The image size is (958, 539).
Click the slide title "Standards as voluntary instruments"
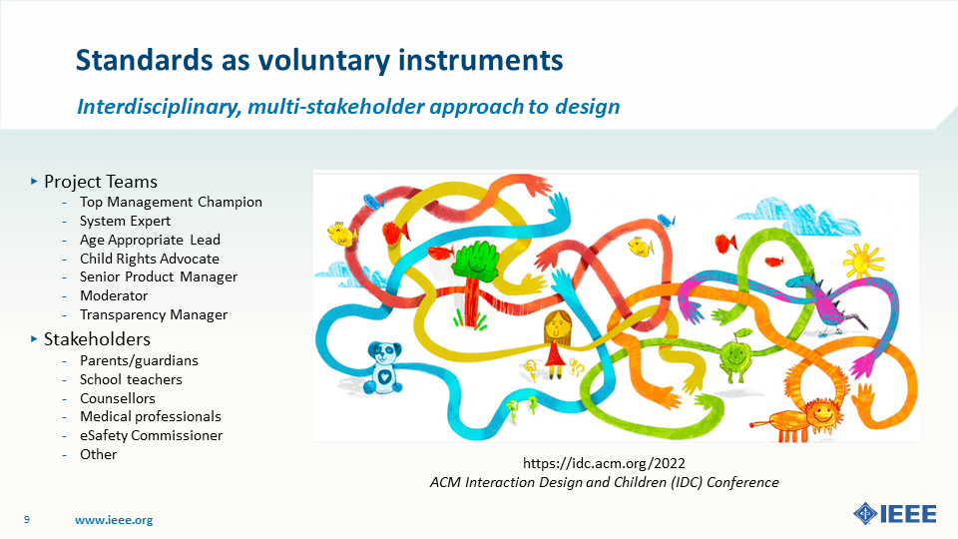[x=319, y=61]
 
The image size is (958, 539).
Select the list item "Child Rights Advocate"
[x=149, y=259]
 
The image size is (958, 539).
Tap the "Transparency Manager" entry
[x=154, y=314]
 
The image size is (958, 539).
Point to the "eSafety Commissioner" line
[x=151, y=435]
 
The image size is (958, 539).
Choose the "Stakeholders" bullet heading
[x=97, y=339]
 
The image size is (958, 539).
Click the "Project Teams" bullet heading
[x=100, y=182]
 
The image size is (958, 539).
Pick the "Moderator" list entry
[x=114, y=295]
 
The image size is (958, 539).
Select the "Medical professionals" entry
[x=151, y=416]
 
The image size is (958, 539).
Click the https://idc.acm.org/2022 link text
[x=604, y=464]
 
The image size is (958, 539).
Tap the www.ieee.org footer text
[x=114, y=520]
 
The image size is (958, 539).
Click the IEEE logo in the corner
[x=894, y=514]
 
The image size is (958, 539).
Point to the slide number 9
[x=26, y=519]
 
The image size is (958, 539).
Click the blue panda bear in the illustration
[x=383, y=368]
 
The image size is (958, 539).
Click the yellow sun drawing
[x=862, y=261]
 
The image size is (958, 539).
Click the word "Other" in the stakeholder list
[x=98, y=454]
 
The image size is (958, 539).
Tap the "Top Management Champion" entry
[x=171, y=203]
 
